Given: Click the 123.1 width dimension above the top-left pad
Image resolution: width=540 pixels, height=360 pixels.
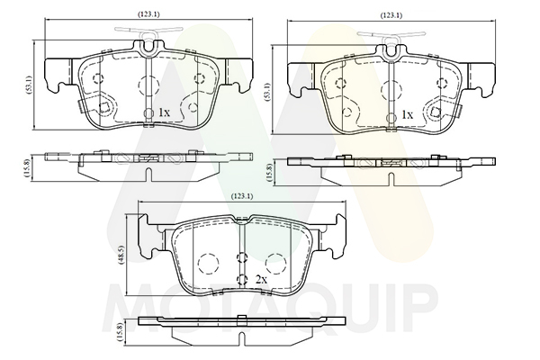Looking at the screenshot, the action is tap(148, 14).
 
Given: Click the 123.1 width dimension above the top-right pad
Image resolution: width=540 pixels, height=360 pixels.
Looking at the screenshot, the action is tap(391, 15).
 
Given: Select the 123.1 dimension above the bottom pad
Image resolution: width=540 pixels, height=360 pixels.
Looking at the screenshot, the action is tap(242, 196).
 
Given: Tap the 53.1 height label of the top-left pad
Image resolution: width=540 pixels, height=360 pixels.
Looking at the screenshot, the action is tap(30, 84).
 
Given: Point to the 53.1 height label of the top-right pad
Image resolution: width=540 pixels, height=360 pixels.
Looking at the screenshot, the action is tap(267, 91).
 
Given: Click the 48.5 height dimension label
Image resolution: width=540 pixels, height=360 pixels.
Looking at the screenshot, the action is tap(121, 255).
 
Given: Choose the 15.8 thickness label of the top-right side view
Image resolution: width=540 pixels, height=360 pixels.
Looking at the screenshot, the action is tap(269, 173).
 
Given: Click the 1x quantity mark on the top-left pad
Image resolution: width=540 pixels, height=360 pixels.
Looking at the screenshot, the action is tap(164, 112).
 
